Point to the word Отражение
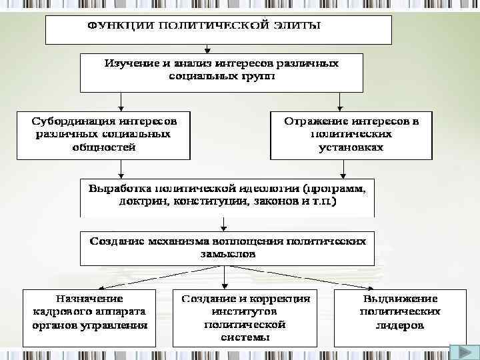317,122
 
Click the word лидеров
400,325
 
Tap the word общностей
103,147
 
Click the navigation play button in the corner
461,353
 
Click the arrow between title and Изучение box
208,49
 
